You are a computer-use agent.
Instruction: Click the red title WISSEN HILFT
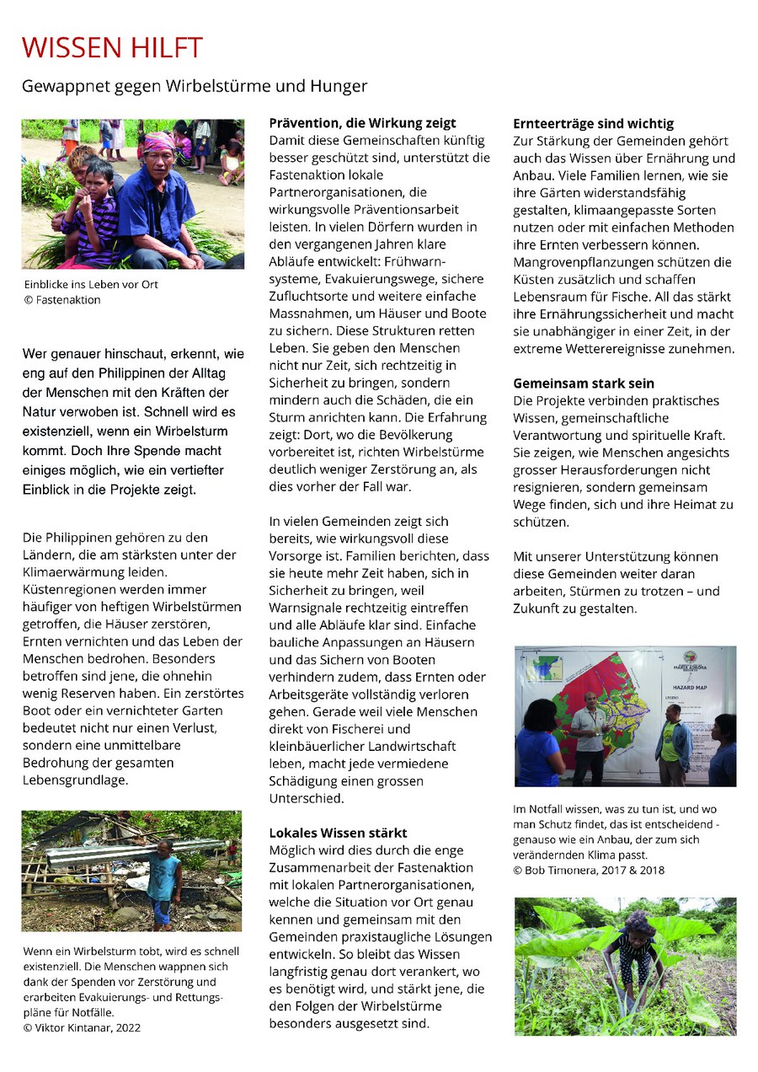point(112,48)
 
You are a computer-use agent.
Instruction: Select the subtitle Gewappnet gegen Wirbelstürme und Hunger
point(195,87)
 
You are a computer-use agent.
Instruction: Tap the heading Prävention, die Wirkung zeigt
point(362,123)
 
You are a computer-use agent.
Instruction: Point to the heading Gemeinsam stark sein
point(584,383)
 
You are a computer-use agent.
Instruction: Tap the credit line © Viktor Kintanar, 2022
point(82,1027)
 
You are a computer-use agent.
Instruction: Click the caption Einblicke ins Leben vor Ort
point(90,284)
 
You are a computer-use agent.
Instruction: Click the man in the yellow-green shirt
point(671,742)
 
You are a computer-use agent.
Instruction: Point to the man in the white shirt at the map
point(589,733)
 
